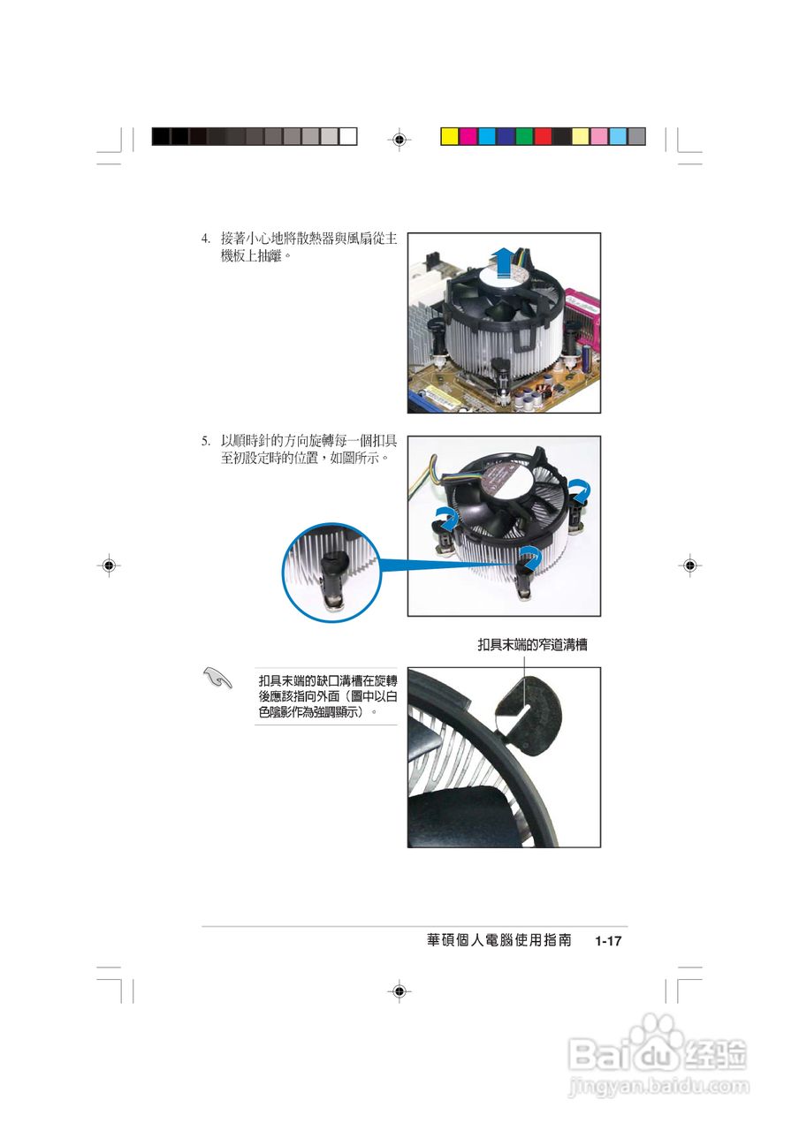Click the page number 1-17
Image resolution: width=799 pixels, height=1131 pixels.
click(x=609, y=942)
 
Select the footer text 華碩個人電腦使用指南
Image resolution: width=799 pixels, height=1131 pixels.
click(x=498, y=941)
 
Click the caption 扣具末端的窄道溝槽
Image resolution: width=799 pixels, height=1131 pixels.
click(x=532, y=646)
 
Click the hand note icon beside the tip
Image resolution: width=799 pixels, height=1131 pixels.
click(x=216, y=678)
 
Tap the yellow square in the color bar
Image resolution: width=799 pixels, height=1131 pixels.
click(x=449, y=137)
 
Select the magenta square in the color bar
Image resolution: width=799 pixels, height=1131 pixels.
click(x=468, y=137)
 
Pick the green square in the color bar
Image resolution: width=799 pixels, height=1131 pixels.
click(x=524, y=137)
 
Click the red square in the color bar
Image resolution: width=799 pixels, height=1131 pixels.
click(x=543, y=137)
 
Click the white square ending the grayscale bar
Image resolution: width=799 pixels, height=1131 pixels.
click(x=348, y=137)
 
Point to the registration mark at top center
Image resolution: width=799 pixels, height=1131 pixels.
click(x=399, y=139)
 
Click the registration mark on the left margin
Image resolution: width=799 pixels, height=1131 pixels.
click(x=108, y=565)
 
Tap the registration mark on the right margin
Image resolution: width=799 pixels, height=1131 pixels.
click(x=689, y=565)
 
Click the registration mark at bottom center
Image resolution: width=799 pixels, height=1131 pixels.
click(x=399, y=991)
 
